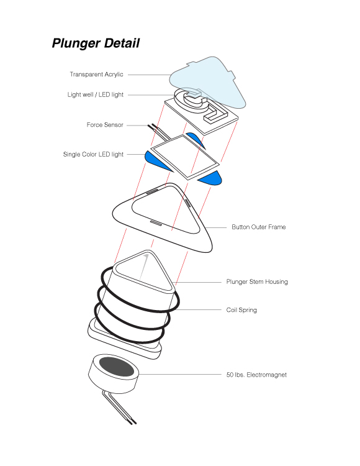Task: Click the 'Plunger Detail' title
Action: pos(96,43)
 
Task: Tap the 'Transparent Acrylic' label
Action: pos(96,75)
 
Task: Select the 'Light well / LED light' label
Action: pos(95,94)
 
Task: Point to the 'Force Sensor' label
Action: pos(105,125)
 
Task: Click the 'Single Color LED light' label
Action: pos(93,154)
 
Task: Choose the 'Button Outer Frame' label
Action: pos(258,227)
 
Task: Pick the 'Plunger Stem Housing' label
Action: pos(257,281)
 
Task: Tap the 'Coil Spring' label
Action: pos(241,310)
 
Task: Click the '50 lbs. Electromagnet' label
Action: pos(256,375)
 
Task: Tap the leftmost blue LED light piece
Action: pos(157,161)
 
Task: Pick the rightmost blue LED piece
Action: pos(211,178)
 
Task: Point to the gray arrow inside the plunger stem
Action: pos(144,266)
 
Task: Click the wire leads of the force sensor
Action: pos(159,132)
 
